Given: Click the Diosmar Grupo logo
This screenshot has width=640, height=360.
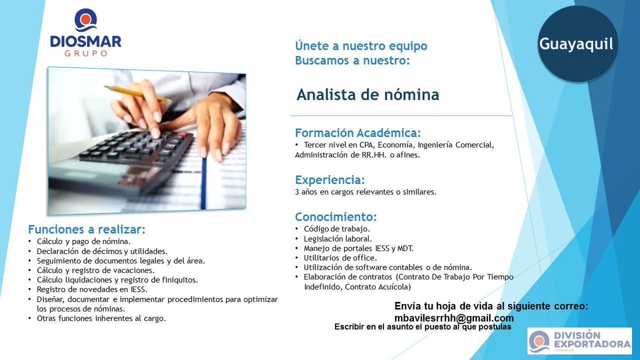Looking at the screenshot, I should coord(86,33).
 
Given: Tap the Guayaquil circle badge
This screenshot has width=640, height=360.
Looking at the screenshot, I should coord(576,44).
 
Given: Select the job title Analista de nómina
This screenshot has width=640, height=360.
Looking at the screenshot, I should coord(367,95).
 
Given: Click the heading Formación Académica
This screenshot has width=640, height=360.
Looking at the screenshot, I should coord(358,133).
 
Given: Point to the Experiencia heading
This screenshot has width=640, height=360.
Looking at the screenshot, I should coord(330,180).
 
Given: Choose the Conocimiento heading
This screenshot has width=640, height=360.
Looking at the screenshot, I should coord(336,217).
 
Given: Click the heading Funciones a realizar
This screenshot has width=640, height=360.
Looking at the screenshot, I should coord(86,229).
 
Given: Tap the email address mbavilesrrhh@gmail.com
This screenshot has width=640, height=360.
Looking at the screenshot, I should coord(454,318).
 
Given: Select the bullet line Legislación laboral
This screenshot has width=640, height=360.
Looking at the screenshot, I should coord(338,238).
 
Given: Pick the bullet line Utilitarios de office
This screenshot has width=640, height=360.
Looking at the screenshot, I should coord(340,258).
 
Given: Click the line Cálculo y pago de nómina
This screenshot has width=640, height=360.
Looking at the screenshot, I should coord(84,241).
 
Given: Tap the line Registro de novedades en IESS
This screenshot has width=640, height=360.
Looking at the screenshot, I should coord(92,289).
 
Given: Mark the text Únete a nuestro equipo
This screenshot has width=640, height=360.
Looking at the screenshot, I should coord(361,46).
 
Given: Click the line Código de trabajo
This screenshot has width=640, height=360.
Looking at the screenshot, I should coord(337,229).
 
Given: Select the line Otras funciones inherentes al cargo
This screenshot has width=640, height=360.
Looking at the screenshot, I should coord(101,318).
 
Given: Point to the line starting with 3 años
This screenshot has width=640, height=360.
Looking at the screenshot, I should coord(365,192).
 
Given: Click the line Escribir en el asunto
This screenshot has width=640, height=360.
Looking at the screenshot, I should coord(422,326).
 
